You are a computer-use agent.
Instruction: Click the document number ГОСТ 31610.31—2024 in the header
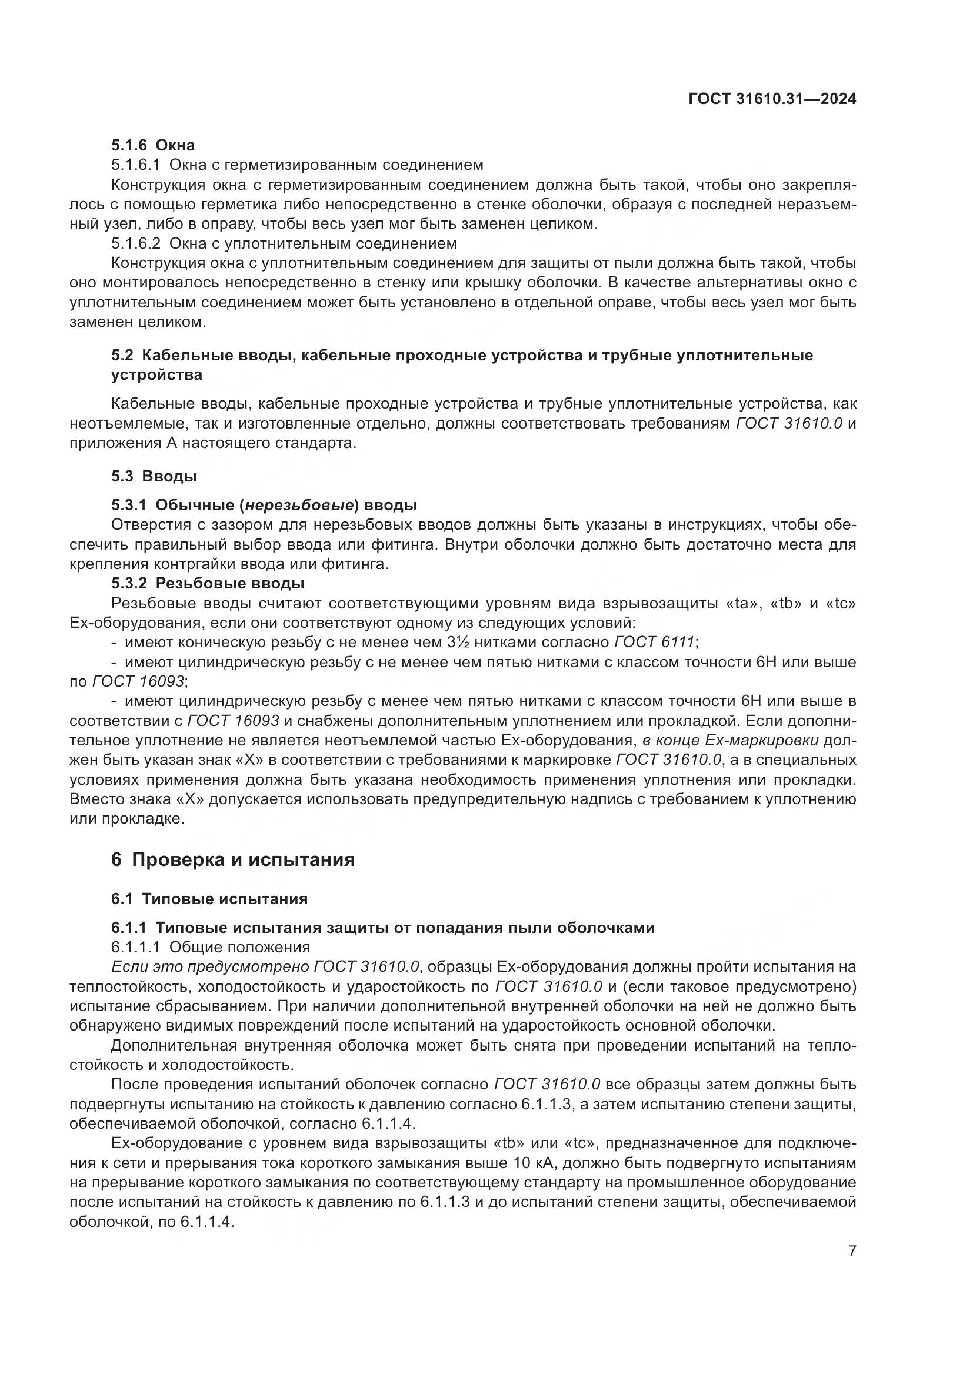pyautogui.click(x=772, y=99)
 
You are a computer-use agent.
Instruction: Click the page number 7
pyautogui.click(x=852, y=1250)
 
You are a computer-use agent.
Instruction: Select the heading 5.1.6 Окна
pyautogui.click(x=153, y=145)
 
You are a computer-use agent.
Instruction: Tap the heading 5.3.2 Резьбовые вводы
pyautogui.click(x=207, y=583)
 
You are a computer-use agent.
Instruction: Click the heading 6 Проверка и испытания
pyautogui.click(x=233, y=860)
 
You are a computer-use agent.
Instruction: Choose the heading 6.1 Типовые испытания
pyautogui.click(x=209, y=899)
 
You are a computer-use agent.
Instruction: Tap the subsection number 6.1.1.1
pyautogui.click(x=136, y=948)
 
